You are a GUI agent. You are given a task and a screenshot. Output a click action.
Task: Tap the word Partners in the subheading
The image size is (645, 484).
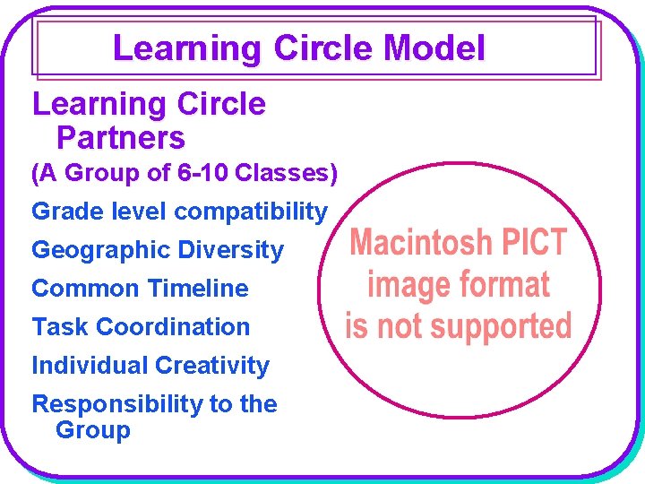point(120,139)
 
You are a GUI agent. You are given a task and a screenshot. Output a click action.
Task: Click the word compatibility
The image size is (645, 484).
point(251,212)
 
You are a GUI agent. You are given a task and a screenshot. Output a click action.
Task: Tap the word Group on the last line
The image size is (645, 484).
point(93,430)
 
